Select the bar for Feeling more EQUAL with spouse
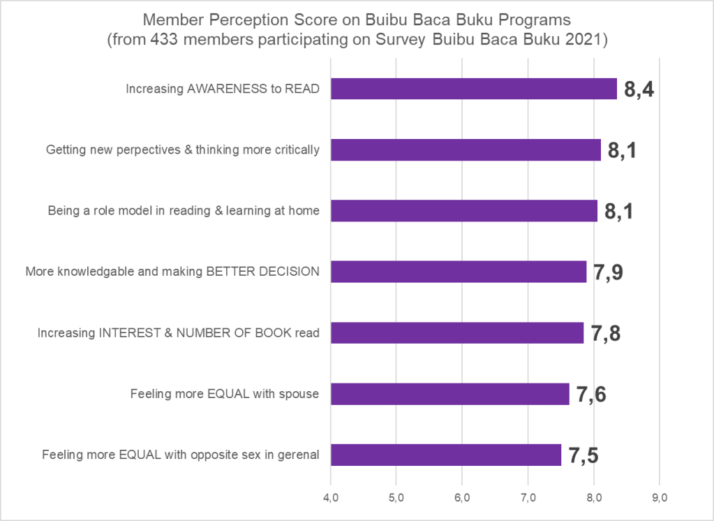point(449,394)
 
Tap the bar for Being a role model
point(463,211)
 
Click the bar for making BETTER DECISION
point(458,272)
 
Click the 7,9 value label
point(608,272)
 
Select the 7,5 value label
point(583,455)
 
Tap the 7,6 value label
point(590,395)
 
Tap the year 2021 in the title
point(585,40)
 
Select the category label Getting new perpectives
point(183,149)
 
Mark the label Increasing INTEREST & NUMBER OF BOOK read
point(178,333)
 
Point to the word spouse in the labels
point(297,394)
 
